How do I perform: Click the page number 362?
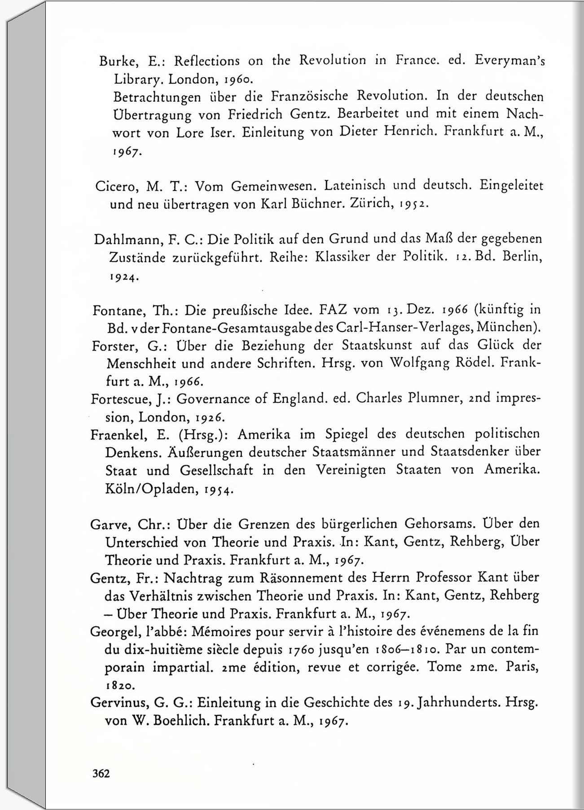click(x=101, y=774)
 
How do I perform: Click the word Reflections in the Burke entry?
click(x=206, y=61)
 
